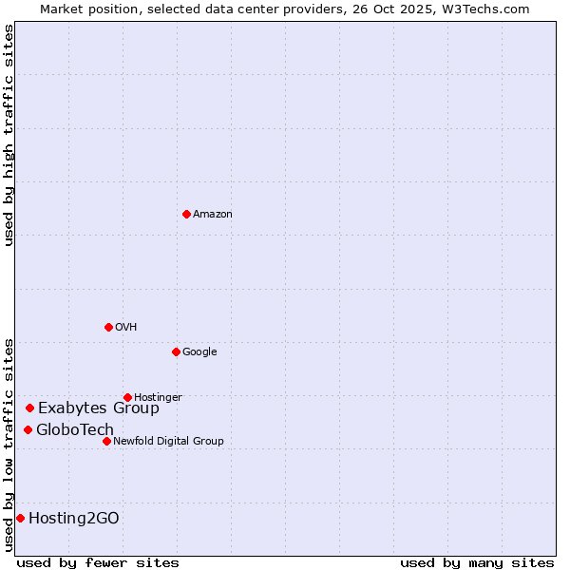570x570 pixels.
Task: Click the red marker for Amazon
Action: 186,214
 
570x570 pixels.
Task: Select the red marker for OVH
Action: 108,327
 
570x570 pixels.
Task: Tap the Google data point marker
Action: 176,351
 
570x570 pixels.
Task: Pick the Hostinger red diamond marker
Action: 127,397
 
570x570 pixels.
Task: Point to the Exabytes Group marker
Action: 29,408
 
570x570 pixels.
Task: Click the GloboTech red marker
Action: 28,429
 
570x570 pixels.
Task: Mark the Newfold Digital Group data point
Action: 106,441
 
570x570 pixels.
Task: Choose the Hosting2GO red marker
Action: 20,518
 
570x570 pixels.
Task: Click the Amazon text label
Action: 213,215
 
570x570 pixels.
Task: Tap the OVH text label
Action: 126,328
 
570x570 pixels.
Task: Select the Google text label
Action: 199,352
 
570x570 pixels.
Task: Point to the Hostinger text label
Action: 158,397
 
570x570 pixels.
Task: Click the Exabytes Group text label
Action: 99,408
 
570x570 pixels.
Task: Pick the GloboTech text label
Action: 75,430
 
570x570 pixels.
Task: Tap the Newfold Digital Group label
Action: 168,441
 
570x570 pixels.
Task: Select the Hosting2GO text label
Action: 74,519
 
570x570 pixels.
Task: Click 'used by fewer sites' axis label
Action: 98,562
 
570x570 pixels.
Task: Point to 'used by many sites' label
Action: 477,562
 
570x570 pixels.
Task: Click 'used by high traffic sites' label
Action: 9,135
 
